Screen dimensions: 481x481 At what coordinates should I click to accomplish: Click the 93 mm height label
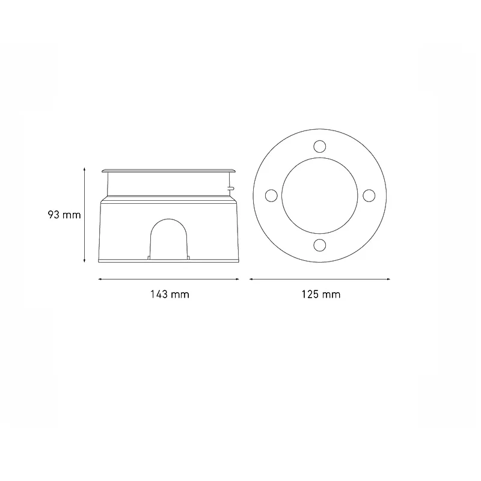pyautogui.click(x=64, y=215)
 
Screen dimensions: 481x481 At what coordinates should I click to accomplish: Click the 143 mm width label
pyautogui.click(x=170, y=295)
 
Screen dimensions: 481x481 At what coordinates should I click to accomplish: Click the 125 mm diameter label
pyautogui.click(x=321, y=295)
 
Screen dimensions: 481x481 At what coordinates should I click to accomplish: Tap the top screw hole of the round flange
pyautogui.click(x=320, y=146)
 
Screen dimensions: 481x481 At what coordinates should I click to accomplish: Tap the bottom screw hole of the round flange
pyautogui.click(x=320, y=245)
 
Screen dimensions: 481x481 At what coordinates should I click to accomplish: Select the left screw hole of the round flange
pyautogui.click(x=271, y=196)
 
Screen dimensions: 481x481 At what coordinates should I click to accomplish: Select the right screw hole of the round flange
pyautogui.click(x=369, y=196)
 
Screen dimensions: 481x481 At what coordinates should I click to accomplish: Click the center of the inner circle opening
pyautogui.click(x=320, y=196)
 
